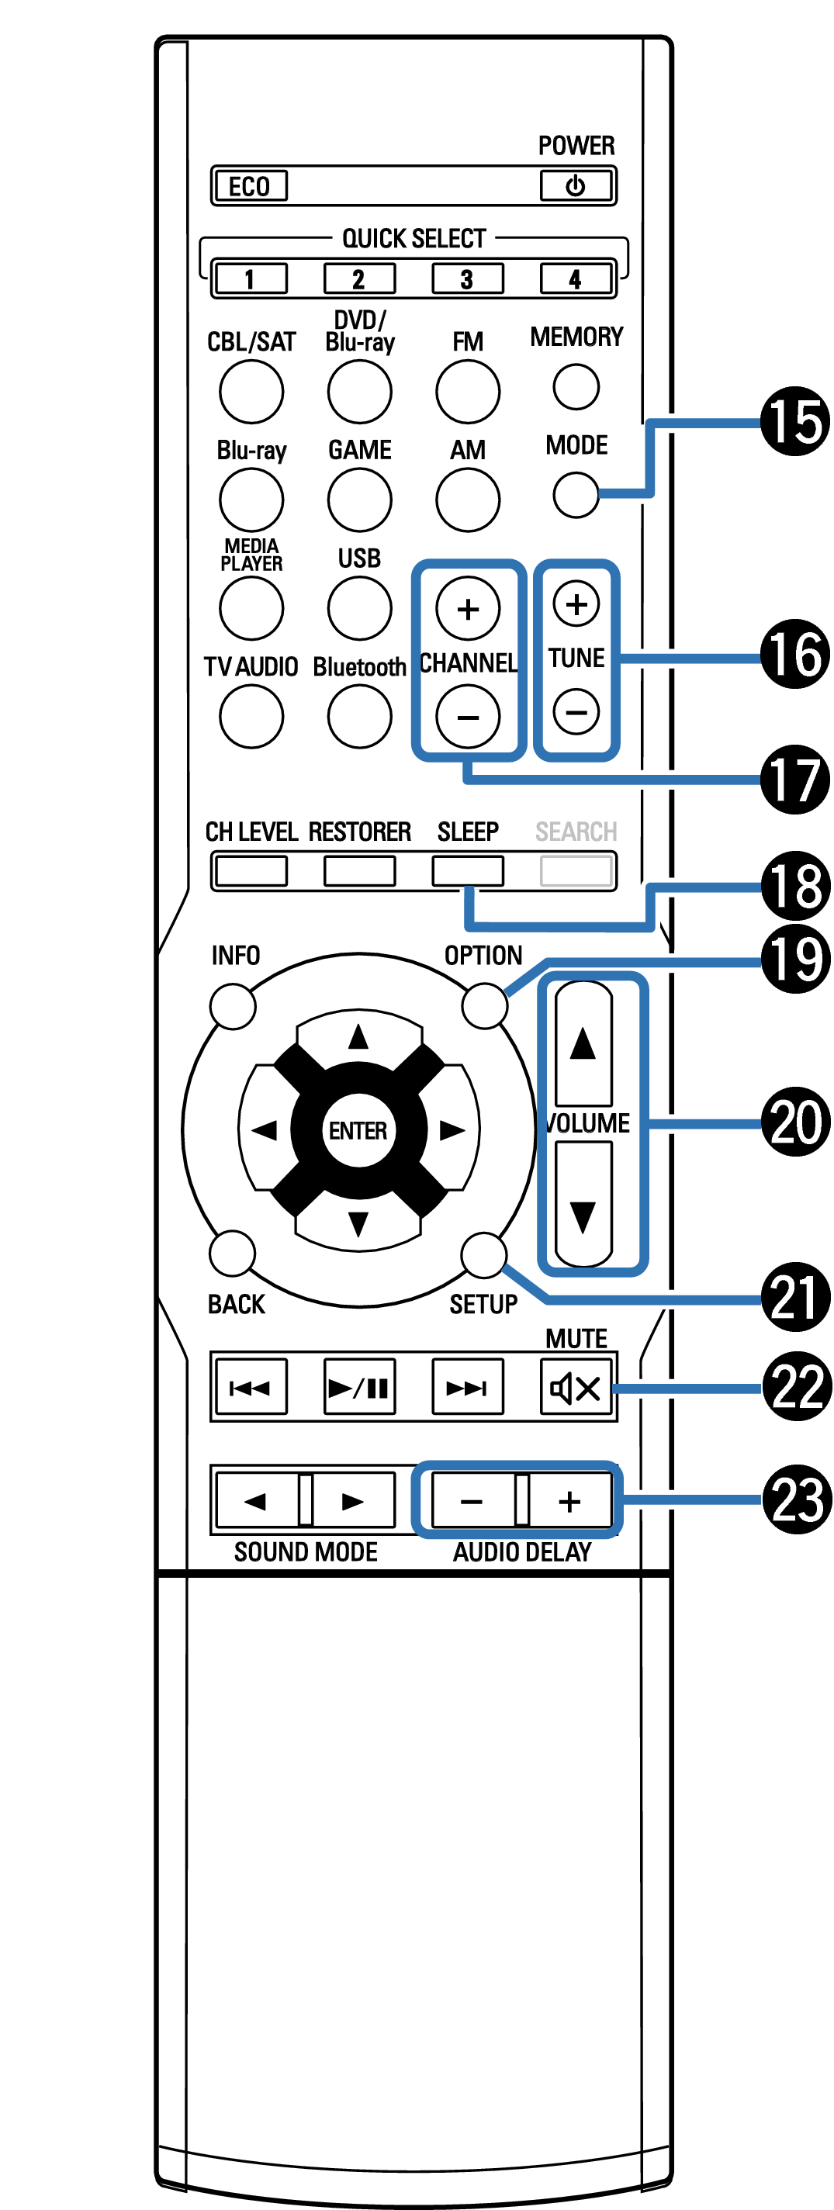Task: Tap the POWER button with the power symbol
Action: [x=576, y=185]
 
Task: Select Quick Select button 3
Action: [x=467, y=278]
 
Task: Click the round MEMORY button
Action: [x=576, y=387]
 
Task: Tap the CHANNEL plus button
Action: [x=468, y=608]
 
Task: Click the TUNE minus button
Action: [x=576, y=711]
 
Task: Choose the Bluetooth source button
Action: [x=359, y=716]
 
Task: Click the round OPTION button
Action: [x=485, y=1005]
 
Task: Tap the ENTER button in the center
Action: [x=358, y=1131]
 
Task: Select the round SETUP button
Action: [x=484, y=1255]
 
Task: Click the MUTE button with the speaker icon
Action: [x=576, y=1387]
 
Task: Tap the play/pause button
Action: [x=359, y=1387]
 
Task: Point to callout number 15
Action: [x=794, y=421]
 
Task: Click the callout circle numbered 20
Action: [x=795, y=1122]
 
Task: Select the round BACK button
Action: [x=233, y=1254]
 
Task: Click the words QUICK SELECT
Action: [x=414, y=238]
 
